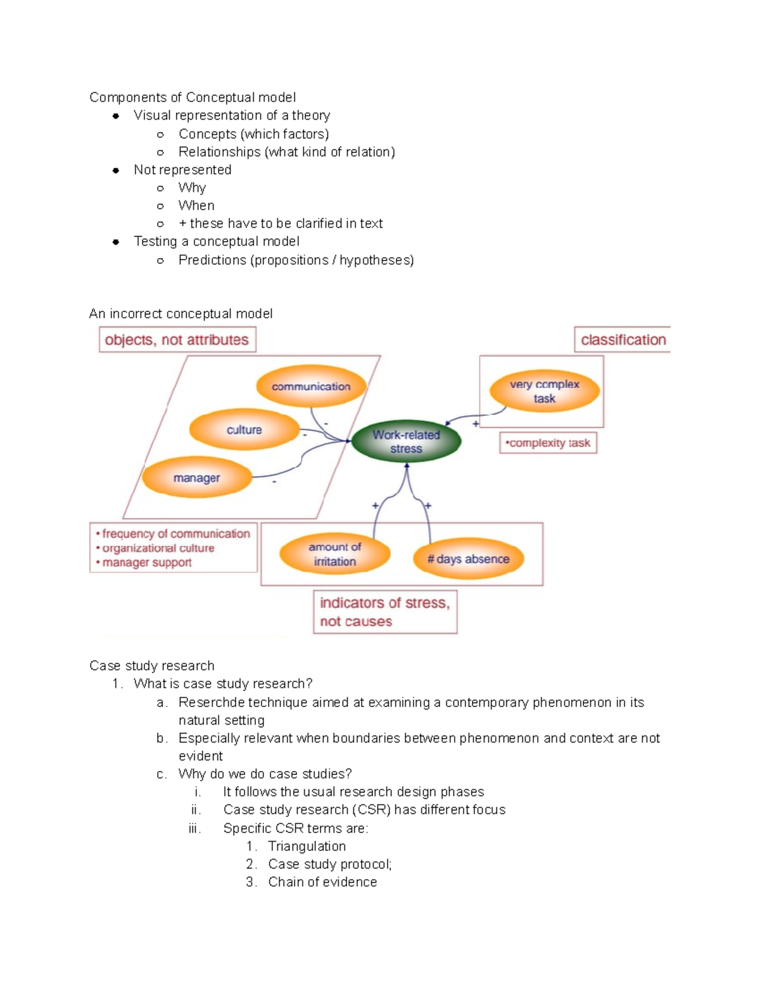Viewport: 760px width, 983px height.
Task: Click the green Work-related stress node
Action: coord(406,442)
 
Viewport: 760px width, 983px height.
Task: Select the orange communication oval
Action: coord(311,387)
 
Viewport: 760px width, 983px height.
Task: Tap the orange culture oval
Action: coord(244,430)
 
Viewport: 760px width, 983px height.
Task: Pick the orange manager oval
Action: coord(196,478)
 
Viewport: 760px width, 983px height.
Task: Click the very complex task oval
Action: coord(544,391)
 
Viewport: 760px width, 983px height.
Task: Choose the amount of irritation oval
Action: coord(334,554)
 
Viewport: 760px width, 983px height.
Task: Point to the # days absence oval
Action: coord(468,559)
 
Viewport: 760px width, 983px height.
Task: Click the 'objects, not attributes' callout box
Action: coord(177,340)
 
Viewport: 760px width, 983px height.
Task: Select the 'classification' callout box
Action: coord(623,340)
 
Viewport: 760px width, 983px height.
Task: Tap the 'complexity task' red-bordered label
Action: coord(548,443)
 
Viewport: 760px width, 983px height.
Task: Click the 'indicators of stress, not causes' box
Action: coord(384,612)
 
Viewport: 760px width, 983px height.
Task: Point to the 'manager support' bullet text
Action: coord(146,563)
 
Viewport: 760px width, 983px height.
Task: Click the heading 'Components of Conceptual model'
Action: coord(193,97)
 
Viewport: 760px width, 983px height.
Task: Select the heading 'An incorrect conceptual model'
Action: coord(181,314)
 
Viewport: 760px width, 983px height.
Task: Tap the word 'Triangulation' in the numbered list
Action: coord(307,846)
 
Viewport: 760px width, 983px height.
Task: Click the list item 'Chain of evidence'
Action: coord(322,882)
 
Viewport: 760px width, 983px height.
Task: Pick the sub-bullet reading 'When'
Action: coord(196,206)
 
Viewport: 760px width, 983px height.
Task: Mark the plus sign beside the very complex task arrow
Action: coord(476,424)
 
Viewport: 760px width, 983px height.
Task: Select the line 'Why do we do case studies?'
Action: coord(265,774)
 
